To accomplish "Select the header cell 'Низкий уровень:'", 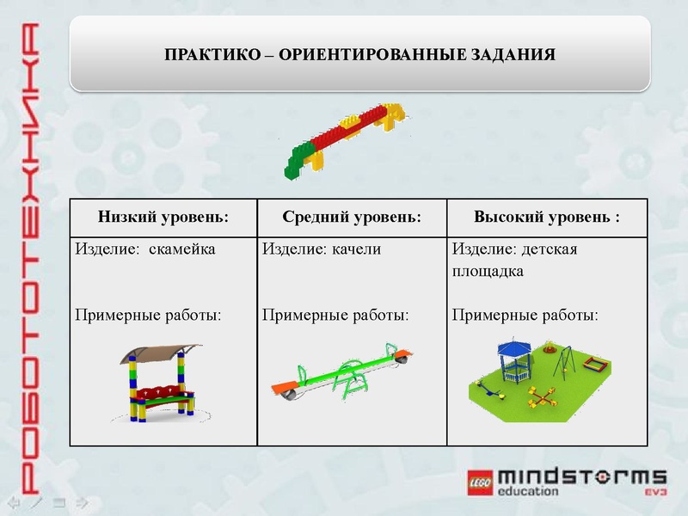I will pyautogui.click(x=163, y=217).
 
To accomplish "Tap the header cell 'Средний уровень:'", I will pyautogui.click(x=352, y=217).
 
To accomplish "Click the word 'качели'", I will pyautogui.click(x=356, y=249).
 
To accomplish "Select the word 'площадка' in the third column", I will pyautogui.click(x=488, y=271).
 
